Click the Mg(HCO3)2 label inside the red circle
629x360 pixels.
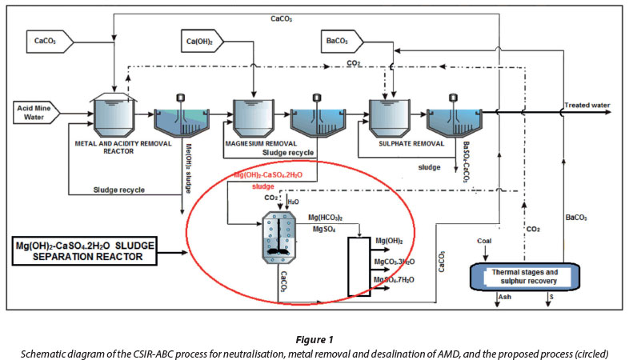point(328,217)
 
